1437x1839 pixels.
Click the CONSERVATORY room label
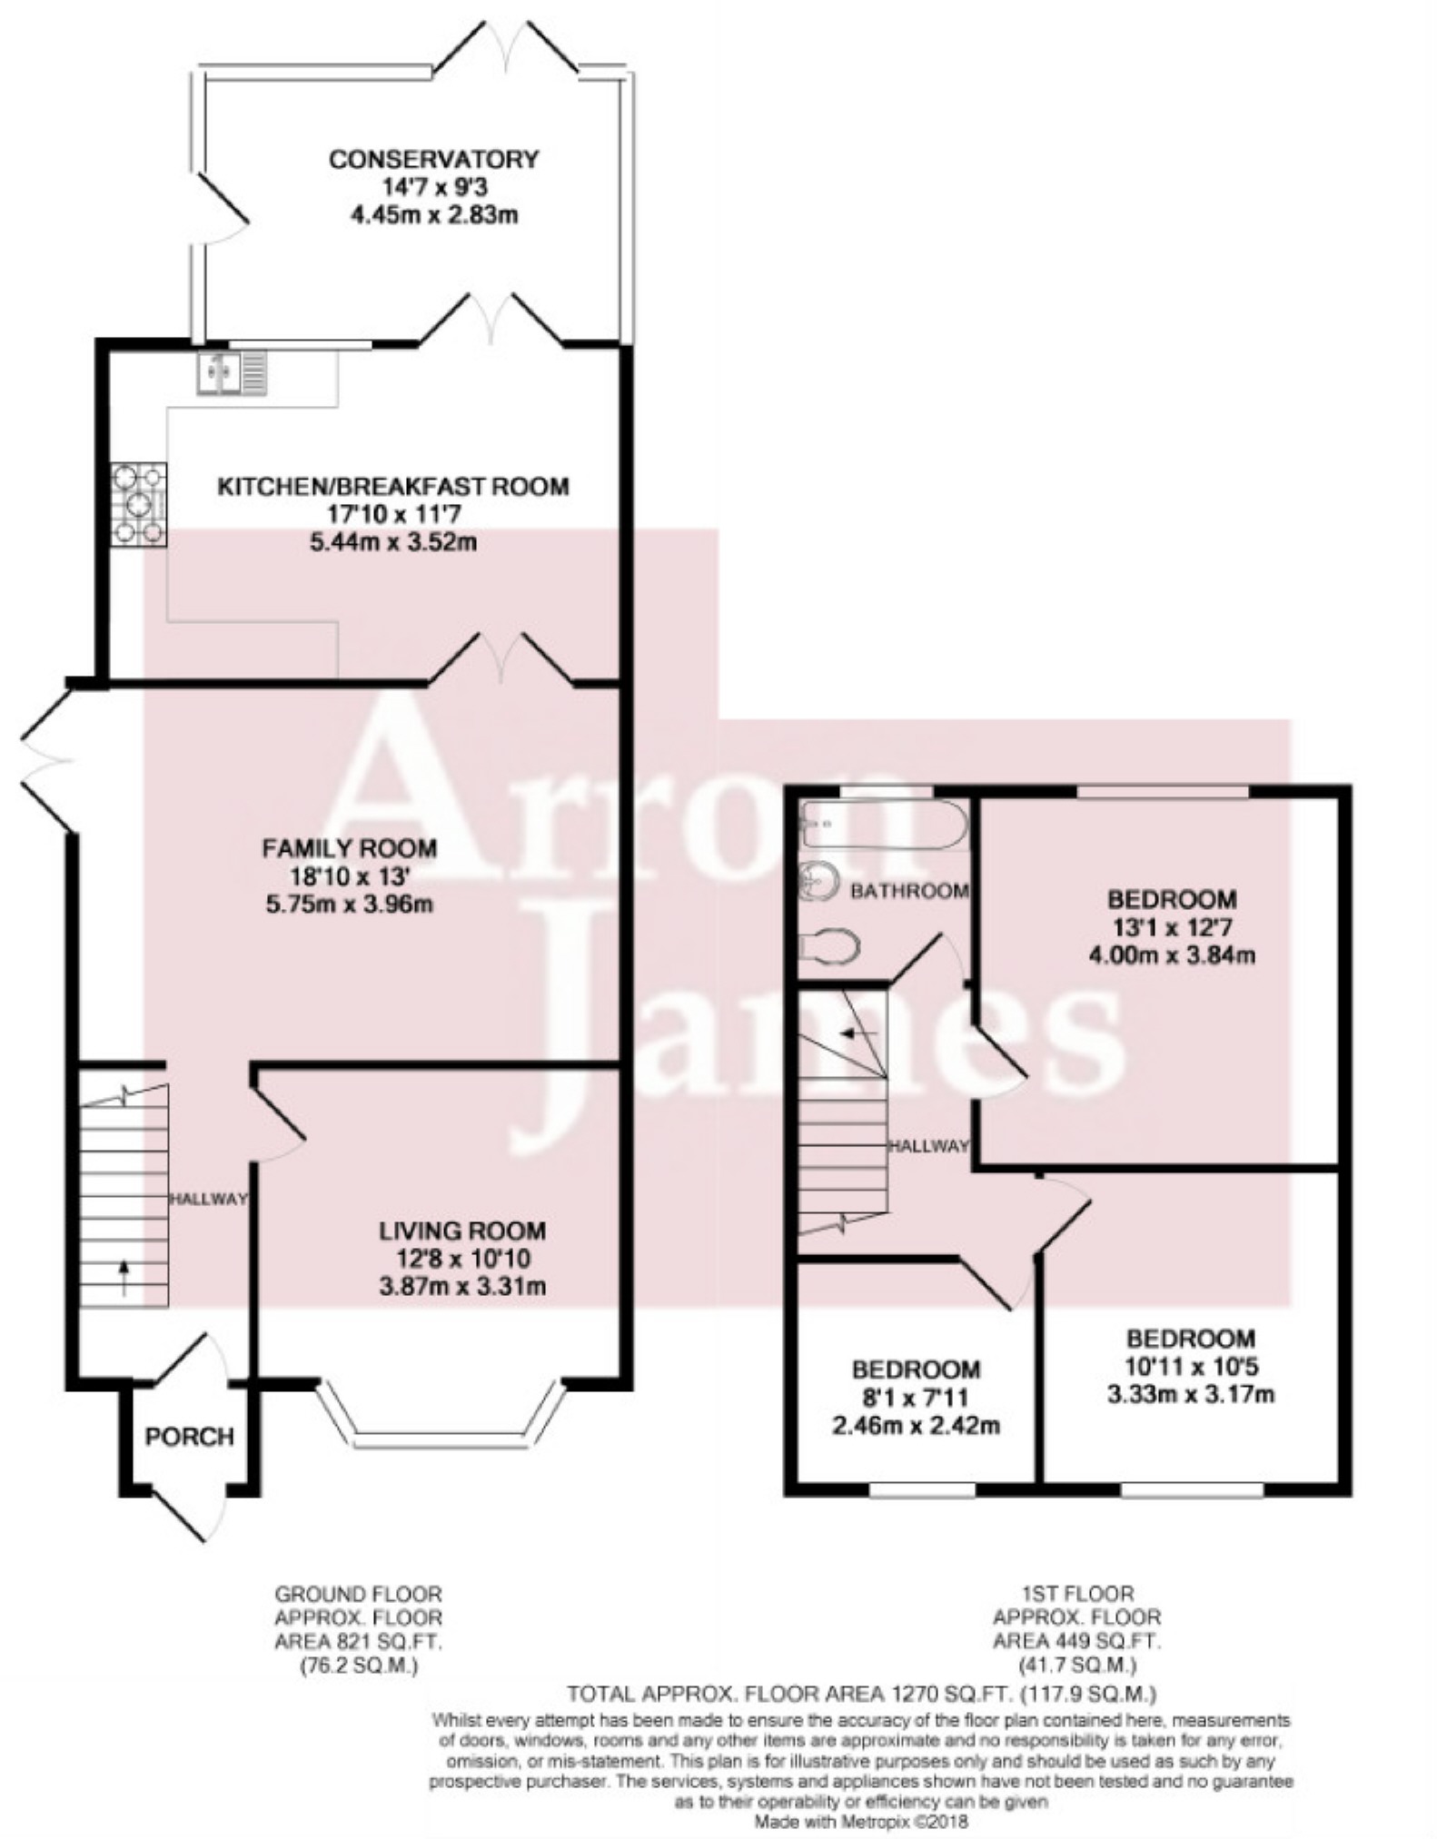point(434,160)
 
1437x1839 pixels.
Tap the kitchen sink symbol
point(233,373)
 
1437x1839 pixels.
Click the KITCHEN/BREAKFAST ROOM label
point(393,487)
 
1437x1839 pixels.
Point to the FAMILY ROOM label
point(350,848)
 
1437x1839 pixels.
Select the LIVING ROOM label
point(462,1231)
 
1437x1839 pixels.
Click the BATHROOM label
point(909,891)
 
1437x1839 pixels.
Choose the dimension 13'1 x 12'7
point(1172,928)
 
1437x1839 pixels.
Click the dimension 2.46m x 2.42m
point(916,1425)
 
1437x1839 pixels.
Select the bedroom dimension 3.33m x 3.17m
point(1191,1393)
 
